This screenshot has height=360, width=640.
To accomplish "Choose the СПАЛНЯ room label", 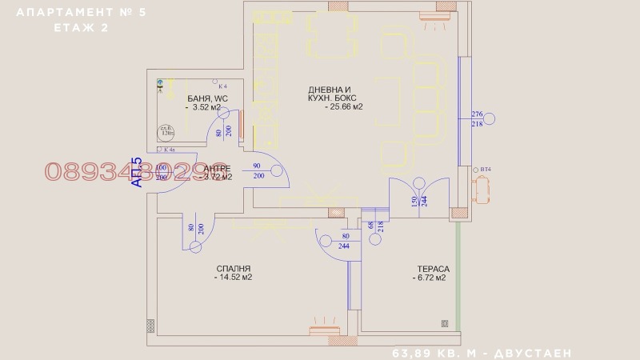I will click(x=234, y=269).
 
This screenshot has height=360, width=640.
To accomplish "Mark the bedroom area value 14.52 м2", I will click(x=234, y=278).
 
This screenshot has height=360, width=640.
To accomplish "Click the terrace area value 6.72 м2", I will click(x=429, y=278).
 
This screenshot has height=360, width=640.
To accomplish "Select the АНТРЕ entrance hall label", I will click(x=217, y=169).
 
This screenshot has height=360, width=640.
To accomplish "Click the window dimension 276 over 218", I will click(x=478, y=119).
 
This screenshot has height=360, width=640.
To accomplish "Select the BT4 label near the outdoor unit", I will click(x=485, y=170).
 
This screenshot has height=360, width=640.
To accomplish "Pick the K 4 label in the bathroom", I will click(x=222, y=86).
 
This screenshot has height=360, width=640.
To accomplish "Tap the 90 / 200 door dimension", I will click(x=259, y=170).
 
